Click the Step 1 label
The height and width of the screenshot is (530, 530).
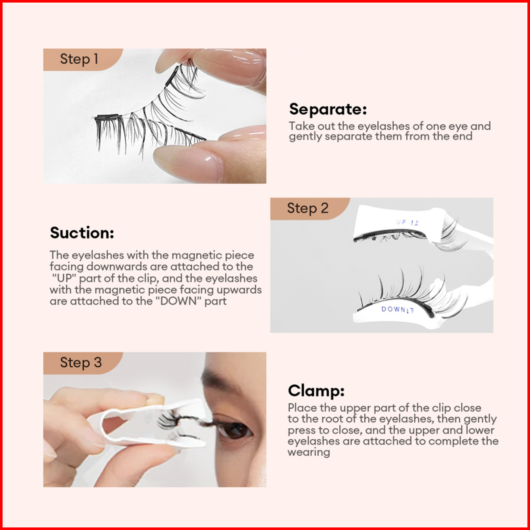point(79,59)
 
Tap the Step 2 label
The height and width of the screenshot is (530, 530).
point(308,208)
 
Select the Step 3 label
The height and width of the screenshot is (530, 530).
point(81,363)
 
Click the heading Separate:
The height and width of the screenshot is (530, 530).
point(328,110)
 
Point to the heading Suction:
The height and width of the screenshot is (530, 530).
point(82,233)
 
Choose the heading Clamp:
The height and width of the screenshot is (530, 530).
point(316,391)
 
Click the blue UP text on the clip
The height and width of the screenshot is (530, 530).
point(401,222)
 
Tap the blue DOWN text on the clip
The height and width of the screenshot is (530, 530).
point(393,309)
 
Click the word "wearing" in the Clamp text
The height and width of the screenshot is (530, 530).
point(309,452)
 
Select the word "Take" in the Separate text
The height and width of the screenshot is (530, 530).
point(301,126)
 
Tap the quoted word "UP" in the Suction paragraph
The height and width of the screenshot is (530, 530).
point(64,278)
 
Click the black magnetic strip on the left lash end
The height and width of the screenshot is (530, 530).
point(108,117)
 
